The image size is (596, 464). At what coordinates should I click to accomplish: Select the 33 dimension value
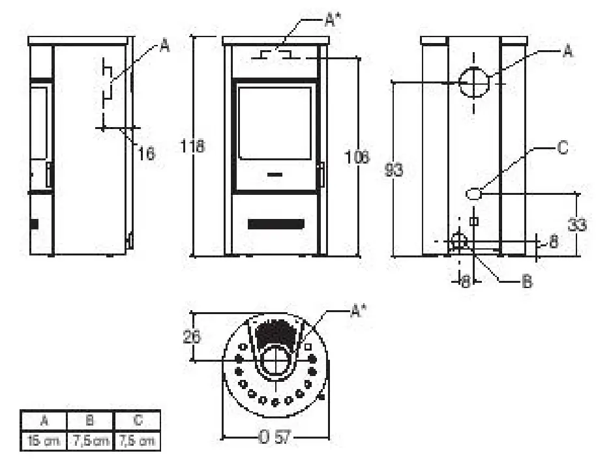pyautogui.click(x=576, y=224)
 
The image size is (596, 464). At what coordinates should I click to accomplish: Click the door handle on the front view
pyautogui.click(x=320, y=174)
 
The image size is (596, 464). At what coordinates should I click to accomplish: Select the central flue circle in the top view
pyautogui.click(x=276, y=362)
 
